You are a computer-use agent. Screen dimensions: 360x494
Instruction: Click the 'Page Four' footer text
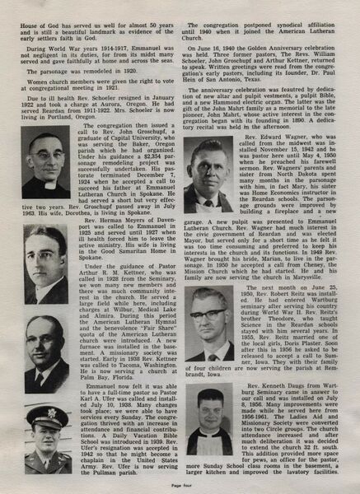point(180,487)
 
